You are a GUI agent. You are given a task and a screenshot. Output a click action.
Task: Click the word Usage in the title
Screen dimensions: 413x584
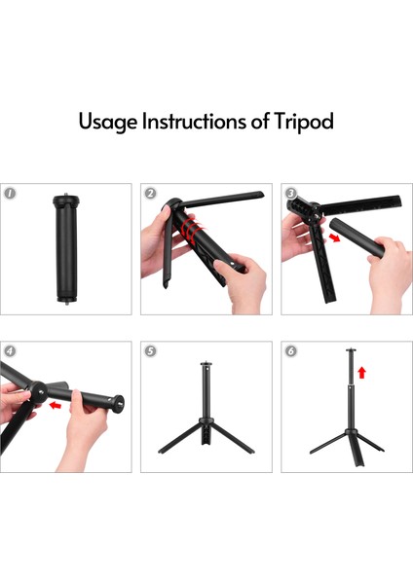[108, 122]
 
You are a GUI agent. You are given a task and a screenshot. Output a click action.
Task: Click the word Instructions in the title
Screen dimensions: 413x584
[194, 121]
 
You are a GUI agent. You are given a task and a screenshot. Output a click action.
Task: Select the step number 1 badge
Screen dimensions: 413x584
[10, 194]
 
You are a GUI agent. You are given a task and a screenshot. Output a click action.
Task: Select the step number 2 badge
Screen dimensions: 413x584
[150, 194]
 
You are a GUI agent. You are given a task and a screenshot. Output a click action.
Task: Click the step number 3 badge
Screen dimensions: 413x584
[290, 194]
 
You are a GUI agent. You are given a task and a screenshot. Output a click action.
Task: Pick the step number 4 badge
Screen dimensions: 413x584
[10, 350]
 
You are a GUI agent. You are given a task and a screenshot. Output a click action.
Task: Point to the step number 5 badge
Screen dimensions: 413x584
[150, 350]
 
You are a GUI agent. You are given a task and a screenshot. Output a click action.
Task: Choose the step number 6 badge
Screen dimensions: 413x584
[290, 350]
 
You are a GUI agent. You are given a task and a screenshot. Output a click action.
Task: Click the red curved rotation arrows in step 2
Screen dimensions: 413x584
[191, 230]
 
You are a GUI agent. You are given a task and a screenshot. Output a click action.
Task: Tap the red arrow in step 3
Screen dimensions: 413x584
[334, 237]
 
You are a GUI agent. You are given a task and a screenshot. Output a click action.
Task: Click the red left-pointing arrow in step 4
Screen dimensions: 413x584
[56, 405]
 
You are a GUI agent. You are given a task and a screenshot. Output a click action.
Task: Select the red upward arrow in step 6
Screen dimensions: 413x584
[361, 373]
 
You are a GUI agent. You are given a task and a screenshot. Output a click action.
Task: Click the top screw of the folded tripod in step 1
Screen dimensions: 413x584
[66, 195]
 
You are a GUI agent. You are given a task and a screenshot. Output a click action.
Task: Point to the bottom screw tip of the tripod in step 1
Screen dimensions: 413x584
[66, 303]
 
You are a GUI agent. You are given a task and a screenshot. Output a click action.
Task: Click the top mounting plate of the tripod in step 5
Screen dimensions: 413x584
[206, 363]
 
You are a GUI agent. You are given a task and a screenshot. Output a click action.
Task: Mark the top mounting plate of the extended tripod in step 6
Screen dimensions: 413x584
[351, 349]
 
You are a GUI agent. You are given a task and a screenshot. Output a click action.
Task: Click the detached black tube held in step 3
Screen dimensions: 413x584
[357, 237]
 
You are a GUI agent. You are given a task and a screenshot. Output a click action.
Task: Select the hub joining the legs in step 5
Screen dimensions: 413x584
[206, 421]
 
